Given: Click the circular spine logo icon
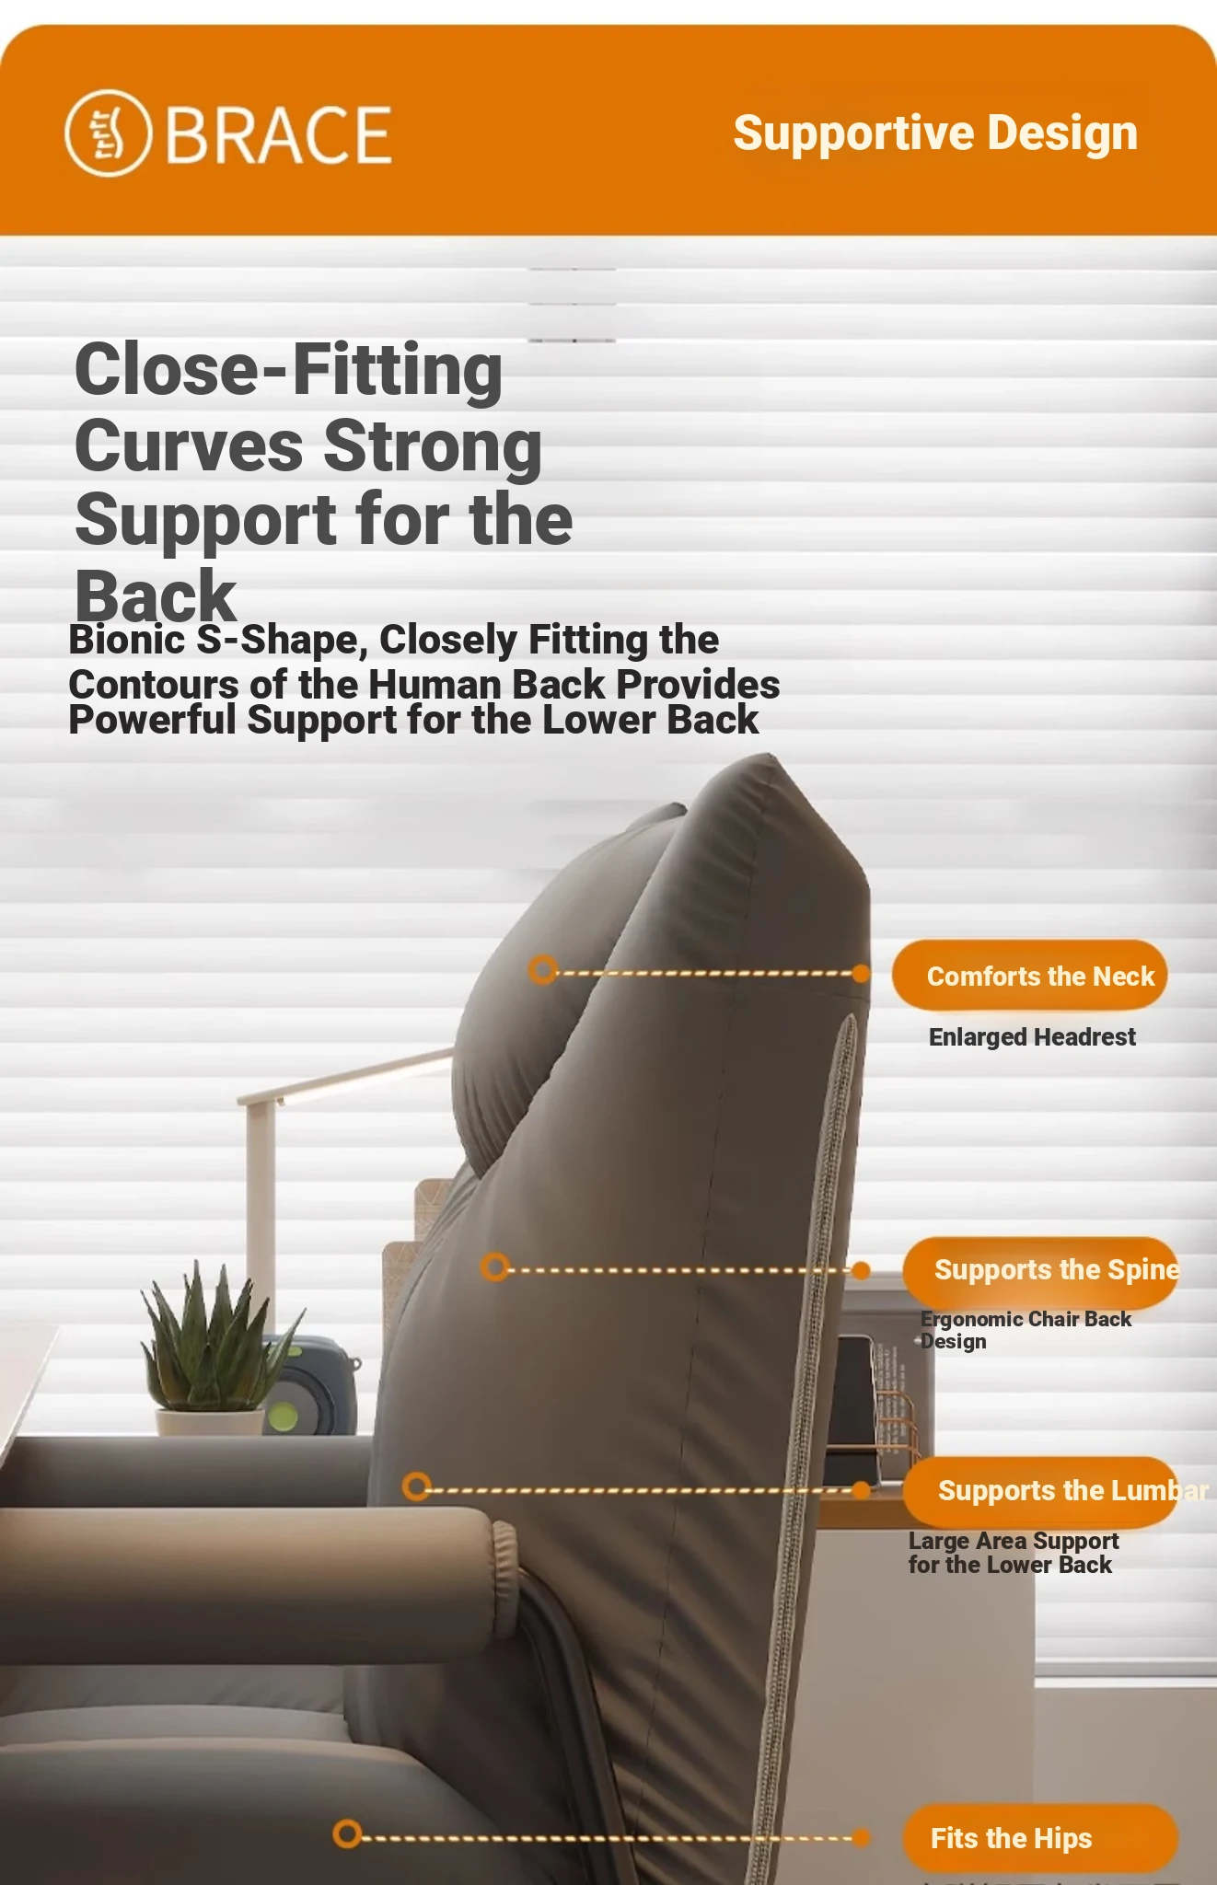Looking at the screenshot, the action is (107, 133).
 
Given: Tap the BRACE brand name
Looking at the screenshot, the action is (278, 135).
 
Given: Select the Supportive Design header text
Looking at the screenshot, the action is (935, 133).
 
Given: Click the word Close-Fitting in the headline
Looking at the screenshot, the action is (288, 370).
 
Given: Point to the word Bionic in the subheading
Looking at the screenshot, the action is (126, 640).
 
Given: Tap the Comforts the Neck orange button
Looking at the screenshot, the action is (1029, 975).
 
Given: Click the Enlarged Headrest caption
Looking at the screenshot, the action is (1032, 1037).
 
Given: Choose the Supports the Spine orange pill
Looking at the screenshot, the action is (1040, 1272).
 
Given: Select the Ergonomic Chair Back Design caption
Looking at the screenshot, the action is (1026, 1330).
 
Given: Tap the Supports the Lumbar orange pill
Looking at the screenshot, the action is (1040, 1491).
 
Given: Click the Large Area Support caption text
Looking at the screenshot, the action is (1014, 1553).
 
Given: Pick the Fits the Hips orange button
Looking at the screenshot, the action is (1040, 1838).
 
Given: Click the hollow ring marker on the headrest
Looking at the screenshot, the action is (543, 969).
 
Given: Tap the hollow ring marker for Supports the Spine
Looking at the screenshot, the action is (495, 1266).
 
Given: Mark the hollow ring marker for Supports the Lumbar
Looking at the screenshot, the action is (417, 1486).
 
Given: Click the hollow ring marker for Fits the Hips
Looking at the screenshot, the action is (347, 1833).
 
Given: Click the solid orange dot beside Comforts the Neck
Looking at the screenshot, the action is (861, 974).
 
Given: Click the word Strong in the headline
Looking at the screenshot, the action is (433, 446).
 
